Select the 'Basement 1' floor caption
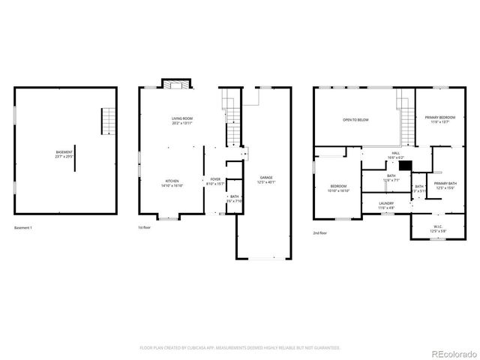click(x=25, y=226)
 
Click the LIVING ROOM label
click(x=180, y=121)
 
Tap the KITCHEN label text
click(x=172, y=183)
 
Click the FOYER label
click(x=215, y=181)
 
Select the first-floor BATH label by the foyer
click(x=234, y=199)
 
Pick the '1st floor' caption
click(x=144, y=226)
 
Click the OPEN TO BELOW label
click(x=355, y=120)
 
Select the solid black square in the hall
click(x=404, y=167)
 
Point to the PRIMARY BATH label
click(x=445, y=185)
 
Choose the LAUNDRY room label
click(x=386, y=205)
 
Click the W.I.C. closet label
click(x=438, y=228)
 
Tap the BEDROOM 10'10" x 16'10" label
click(x=339, y=188)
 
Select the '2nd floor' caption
click(x=320, y=233)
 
